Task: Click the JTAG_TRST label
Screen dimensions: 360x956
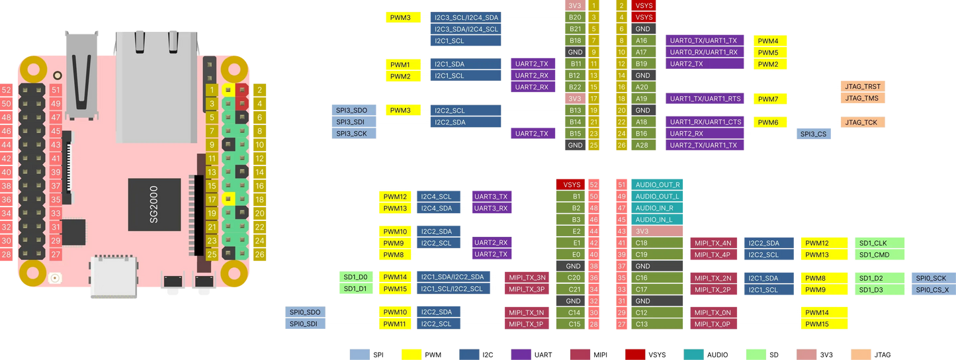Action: click(862, 87)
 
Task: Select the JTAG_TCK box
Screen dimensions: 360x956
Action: click(862, 122)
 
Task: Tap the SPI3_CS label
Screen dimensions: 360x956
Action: click(814, 134)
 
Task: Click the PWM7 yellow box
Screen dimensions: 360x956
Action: click(768, 99)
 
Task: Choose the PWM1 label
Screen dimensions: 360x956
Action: click(400, 64)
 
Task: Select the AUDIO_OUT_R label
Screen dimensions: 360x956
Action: click(658, 185)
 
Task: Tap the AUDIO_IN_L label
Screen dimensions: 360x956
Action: click(654, 220)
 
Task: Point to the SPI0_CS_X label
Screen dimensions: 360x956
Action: click(932, 290)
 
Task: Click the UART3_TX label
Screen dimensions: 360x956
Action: click(492, 197)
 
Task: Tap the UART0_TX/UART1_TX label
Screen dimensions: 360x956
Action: click(705, 41)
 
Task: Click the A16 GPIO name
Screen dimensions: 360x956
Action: click(641, 41)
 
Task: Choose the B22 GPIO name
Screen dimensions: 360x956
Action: click(575, 87)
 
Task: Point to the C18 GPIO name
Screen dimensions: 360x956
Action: click(641, 243)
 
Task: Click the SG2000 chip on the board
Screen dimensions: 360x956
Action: click(153, 204)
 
